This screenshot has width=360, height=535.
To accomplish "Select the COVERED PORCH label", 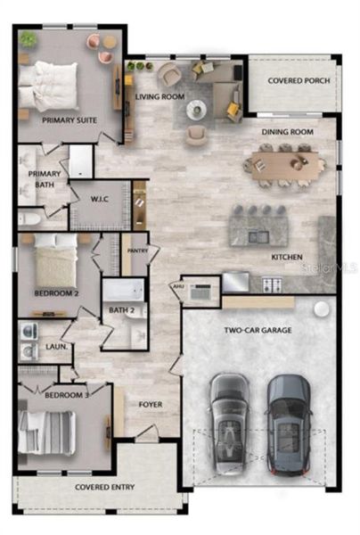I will click(x=299, y=80).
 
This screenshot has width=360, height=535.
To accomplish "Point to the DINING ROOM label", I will click(x=287, y=132).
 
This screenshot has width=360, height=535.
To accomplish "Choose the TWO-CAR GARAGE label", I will click(x=258, y=330).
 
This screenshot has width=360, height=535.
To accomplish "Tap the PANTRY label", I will click(x=137, y=251).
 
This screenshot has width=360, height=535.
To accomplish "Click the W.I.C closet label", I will click(x=101, y=198).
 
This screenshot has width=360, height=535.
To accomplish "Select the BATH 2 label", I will click(x=122, y=310).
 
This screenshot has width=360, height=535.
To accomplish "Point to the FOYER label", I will click(x=150, y=404).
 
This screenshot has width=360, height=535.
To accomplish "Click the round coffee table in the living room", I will click(x=197, y=110).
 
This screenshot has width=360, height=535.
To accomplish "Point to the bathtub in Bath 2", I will click(x=122, y=292).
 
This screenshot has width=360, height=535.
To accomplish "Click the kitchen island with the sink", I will click(x=258, y=228).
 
